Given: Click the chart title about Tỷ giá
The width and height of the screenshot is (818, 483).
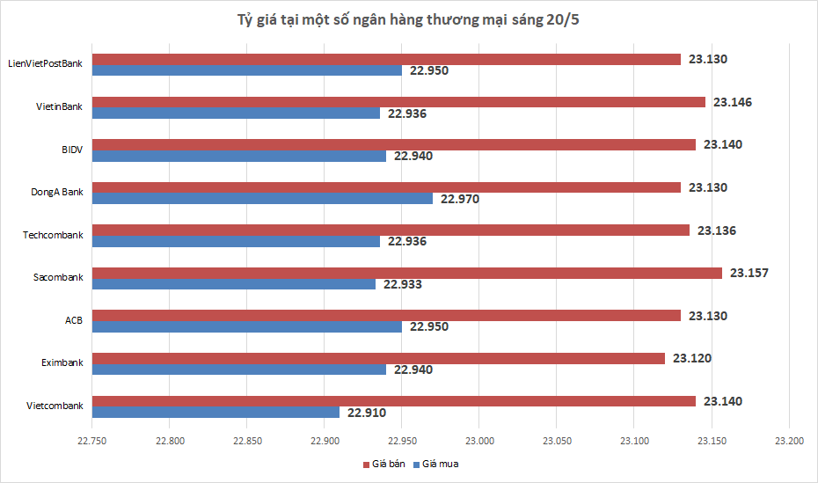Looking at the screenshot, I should pos(408,20).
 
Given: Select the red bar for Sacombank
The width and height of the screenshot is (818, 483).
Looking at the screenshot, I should pos(407,273).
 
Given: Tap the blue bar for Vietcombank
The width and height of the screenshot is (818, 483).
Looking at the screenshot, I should pos(216,412).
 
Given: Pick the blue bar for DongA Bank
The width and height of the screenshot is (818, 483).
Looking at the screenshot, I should pos(263,199).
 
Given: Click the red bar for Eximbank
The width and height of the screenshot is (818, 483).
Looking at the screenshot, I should pos(379,358).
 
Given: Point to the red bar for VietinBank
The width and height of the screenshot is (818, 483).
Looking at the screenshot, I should pos(399,102).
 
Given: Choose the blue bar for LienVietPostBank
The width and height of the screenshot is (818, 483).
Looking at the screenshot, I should pos(247,70).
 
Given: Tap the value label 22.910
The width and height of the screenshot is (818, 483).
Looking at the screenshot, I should pos(367,412).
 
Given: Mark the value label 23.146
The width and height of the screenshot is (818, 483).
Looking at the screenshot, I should pos(733,102).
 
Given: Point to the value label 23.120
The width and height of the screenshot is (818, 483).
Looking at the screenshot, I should pos(692,358).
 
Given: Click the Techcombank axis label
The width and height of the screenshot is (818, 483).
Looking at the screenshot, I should pos(53,235).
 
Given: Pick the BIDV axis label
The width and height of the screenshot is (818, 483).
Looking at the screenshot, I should pos(72,150).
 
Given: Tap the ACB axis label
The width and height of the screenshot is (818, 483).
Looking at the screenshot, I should pos(74,320).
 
